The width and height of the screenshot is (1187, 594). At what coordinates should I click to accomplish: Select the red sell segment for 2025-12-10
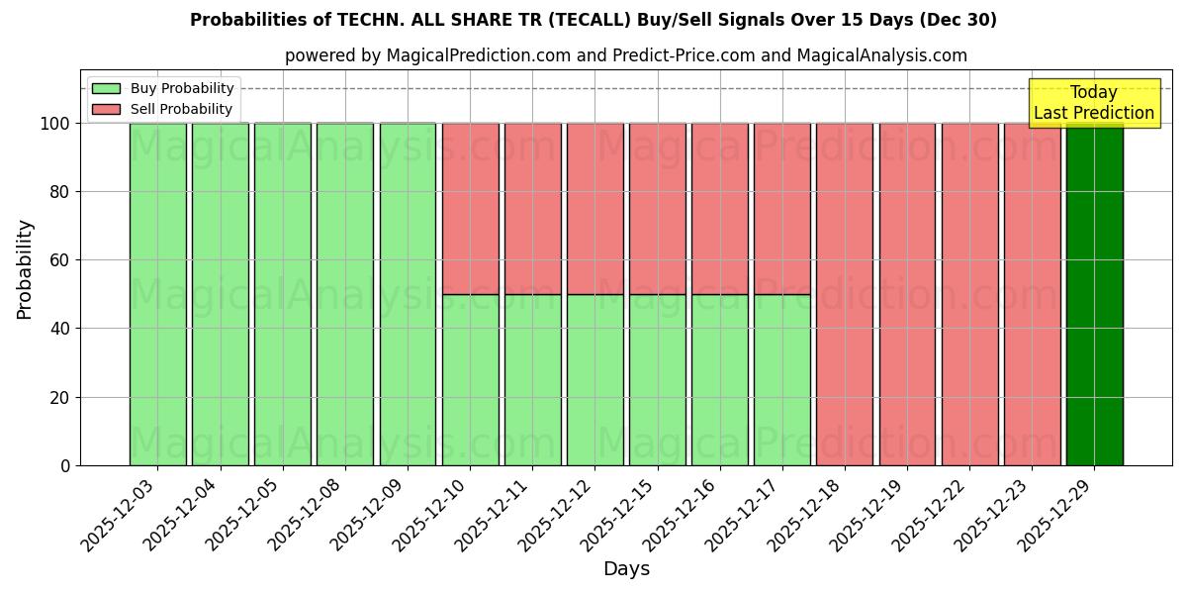[x=470, y=208]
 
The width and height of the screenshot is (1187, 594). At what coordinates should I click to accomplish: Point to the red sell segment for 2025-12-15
[x=657, y=208]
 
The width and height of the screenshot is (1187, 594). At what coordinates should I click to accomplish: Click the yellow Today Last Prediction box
[x=1094, y=103]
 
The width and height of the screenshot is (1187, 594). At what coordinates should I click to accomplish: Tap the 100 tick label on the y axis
[x=54, y=124]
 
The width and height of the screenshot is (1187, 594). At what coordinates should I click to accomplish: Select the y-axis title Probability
[x=25, y=268]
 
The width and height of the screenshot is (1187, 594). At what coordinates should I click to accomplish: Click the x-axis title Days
[x=626, y=569]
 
